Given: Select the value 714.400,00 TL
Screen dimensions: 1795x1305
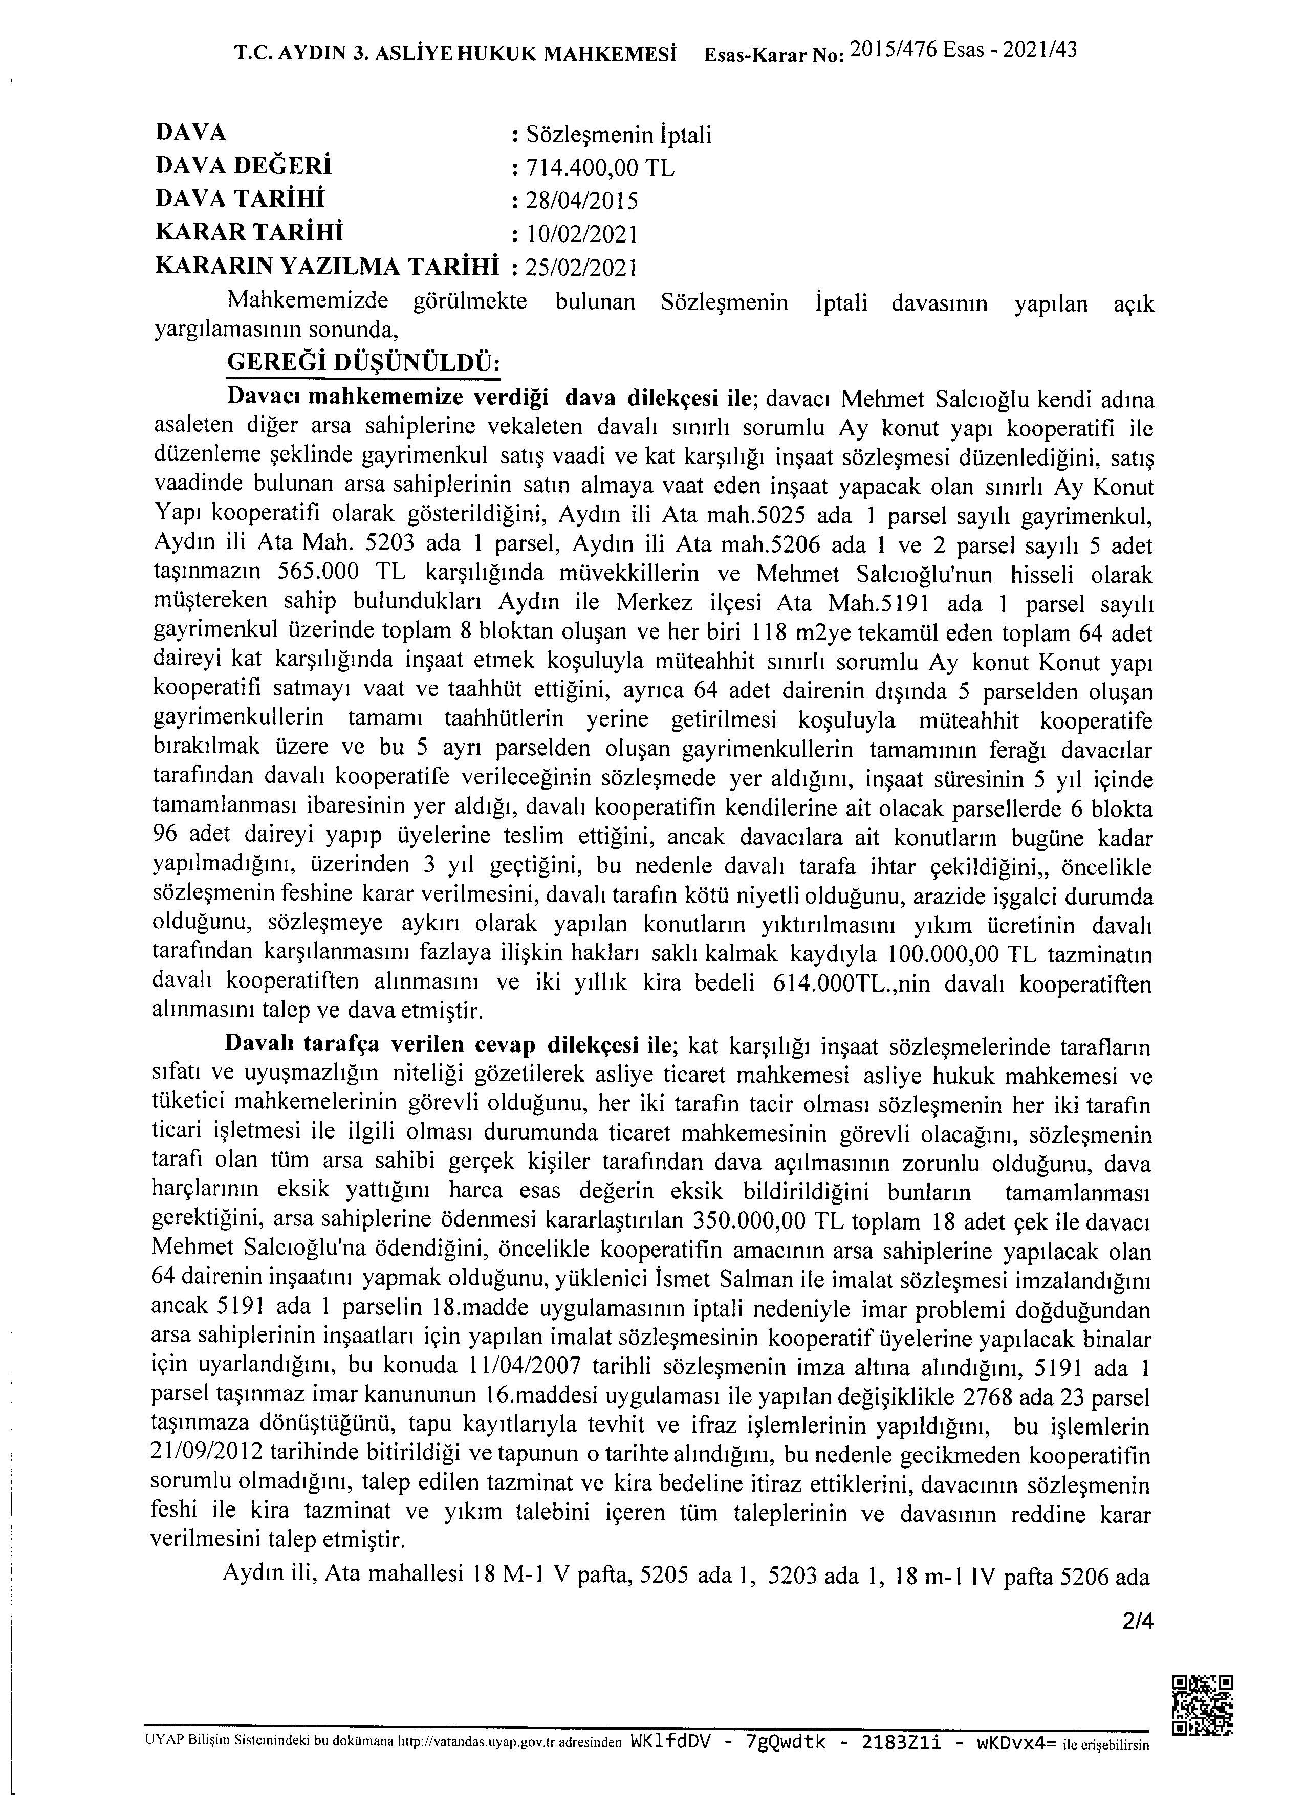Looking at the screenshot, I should (601, 168).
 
